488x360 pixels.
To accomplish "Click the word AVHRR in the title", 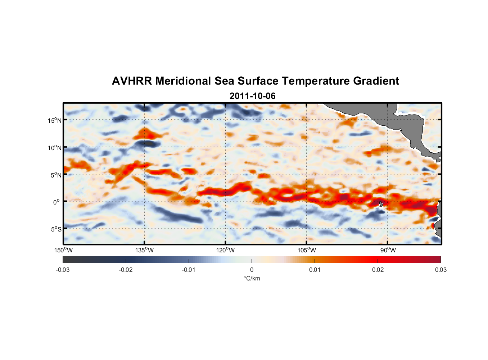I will click(132, 81).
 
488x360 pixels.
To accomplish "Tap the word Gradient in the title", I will click(376, 81).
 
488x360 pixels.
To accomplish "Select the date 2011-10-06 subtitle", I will click(252, 96).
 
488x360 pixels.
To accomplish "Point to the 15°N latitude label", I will click(55, 120).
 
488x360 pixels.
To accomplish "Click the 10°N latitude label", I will click(55, 148).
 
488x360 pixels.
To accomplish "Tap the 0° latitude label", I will click(57, 202).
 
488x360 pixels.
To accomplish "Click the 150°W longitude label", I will click(64, 250).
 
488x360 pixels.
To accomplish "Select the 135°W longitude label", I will click(145, 250).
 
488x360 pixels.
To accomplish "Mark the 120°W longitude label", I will click(226, 250).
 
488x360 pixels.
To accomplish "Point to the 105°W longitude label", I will click(307, 250).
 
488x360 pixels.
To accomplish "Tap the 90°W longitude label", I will click(388, 250).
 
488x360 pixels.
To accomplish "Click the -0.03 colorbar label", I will click(63, 270).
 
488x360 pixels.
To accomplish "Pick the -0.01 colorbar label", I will click(189, 270).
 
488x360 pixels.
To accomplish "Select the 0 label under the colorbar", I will click(252, 270).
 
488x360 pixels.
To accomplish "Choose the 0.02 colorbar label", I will click(378, 270).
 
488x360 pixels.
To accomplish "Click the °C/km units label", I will click(252, 278).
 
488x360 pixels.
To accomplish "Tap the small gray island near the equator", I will click(381, 204).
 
